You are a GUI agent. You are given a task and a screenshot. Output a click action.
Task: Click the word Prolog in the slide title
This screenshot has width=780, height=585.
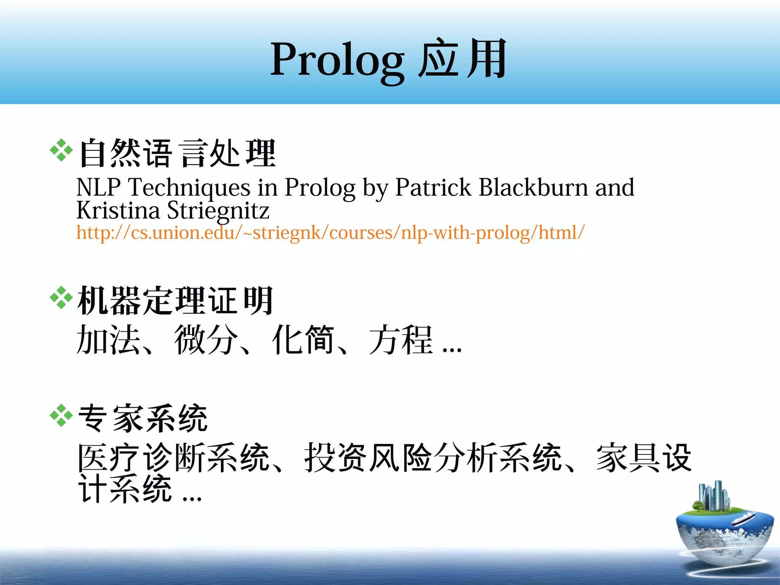337,60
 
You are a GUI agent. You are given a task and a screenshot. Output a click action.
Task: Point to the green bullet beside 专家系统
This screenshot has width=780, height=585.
61,416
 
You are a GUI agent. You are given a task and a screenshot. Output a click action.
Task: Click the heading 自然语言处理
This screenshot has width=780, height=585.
177,153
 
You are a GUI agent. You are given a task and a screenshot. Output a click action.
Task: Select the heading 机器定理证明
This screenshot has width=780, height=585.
175,300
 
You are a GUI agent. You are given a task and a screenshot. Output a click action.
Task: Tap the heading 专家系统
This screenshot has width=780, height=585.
143,418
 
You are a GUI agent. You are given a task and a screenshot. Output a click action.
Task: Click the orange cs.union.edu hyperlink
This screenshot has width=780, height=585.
330,232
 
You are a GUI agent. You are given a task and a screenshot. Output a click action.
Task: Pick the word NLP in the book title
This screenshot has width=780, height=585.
98,187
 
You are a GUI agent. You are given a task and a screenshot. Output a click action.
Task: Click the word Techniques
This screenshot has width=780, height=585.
189,188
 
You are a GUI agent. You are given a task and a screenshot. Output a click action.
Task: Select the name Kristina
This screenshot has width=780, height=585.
118,210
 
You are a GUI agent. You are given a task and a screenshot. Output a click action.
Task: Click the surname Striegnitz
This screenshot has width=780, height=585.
218,211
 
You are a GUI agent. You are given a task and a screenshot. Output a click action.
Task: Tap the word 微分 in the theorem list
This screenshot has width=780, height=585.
206,339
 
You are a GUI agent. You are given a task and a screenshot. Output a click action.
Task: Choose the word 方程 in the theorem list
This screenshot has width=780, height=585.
401,339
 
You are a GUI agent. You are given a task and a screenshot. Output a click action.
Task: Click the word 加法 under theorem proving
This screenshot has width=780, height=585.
108,339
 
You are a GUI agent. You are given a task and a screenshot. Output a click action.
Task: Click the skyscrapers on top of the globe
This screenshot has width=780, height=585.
713,495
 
